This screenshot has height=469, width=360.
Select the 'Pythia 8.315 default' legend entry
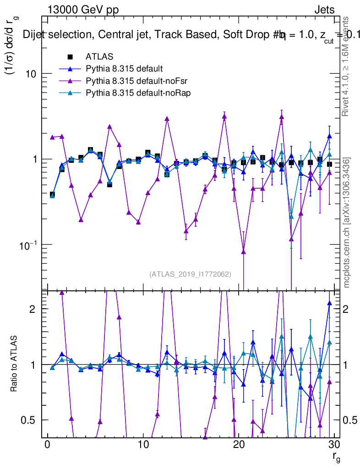pos(124,69)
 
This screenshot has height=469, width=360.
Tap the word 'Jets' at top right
pos(324,10)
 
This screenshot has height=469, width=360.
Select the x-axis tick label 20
pos(238,445)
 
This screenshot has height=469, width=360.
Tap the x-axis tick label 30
pos(334,445)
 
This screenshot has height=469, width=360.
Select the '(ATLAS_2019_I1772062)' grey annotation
pos(190,274)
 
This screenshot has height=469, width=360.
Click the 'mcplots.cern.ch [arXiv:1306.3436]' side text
pos(347,223)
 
